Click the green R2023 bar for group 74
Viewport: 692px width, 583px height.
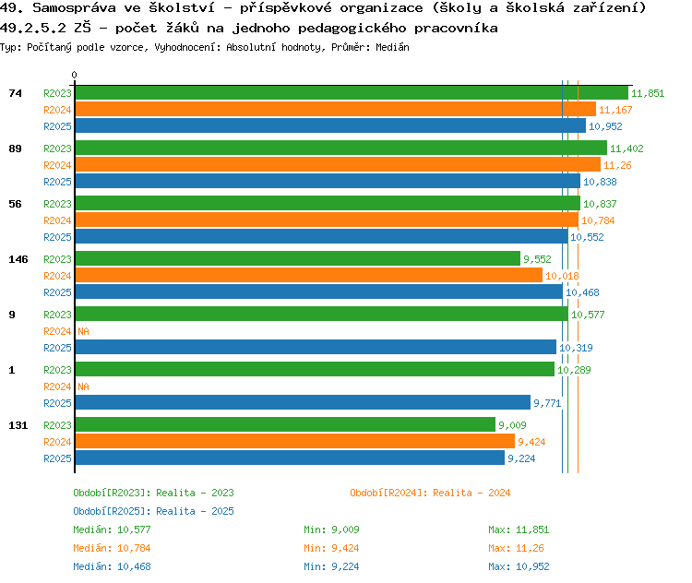(351, 92)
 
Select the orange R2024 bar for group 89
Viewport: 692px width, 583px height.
(338, 164)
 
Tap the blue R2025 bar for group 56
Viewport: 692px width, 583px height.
(321, 236)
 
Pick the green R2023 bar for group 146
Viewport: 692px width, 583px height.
(297, 259)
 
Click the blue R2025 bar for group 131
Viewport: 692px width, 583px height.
(290, 458)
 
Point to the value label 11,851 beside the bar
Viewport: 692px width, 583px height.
(648, 93)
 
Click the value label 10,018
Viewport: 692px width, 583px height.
(562, 276)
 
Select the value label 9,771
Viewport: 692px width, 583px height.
(547, 403)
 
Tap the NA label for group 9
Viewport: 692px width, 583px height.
(83, 331)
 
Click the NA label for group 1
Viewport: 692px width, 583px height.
(83, 387)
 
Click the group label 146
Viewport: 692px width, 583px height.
(18, 259)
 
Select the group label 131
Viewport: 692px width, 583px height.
(18, 425)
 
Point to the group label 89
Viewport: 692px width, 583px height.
(15, 149)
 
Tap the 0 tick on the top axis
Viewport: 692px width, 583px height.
(75, 75)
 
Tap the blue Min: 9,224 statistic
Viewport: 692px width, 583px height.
(331, 566)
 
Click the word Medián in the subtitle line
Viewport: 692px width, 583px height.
(393, 46)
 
